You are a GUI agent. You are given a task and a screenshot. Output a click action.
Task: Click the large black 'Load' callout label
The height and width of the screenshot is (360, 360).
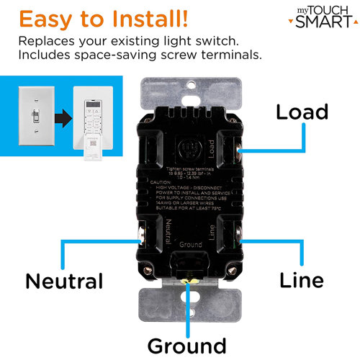click(302, 112)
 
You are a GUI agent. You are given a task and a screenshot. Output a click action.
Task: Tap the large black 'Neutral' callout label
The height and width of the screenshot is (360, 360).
click(64, 280)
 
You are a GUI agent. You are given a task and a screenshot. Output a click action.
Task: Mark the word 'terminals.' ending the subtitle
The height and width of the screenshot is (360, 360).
click(239, 55)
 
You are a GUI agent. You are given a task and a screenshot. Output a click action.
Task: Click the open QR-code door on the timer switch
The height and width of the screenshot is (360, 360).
click(91, 146)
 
